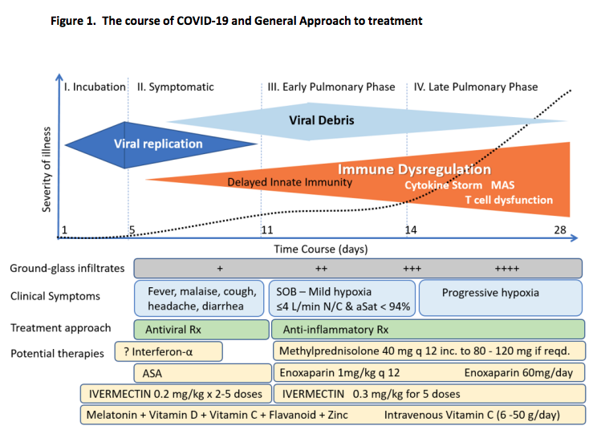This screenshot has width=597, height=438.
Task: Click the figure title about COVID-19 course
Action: [x=236, y=20]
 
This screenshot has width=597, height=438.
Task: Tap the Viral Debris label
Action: [x=321, y=120]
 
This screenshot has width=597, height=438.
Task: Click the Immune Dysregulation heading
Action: [x=414, y=169]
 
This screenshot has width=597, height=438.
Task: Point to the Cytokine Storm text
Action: [x=444, y=185]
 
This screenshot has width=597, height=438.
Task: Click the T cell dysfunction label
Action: [x=509, y=200]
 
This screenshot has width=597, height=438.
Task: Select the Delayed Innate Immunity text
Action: [x=290, y=182]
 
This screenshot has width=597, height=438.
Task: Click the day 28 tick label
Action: [x=559, y=231]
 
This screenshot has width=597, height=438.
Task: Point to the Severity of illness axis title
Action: [x=47, y=169]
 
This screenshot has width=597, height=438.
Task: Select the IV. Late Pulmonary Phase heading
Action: [x=477, y=87]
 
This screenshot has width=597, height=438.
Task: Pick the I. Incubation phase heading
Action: [x=94, y=87]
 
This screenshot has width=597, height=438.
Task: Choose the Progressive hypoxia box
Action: [x=502, y=296]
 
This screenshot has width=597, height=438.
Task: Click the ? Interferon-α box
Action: [x=177, y=351]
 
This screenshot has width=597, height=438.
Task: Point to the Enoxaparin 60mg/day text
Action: [x=518, y=373]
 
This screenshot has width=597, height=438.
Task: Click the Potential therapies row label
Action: [x=57, y=353]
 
